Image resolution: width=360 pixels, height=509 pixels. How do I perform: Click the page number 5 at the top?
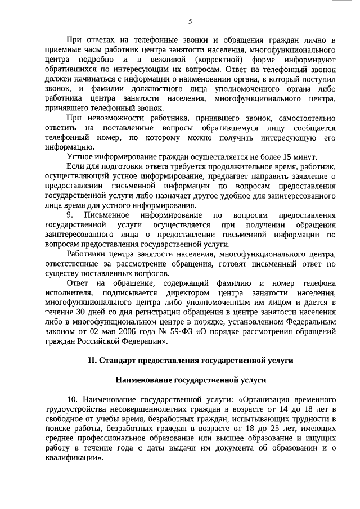click(x=190, y=22)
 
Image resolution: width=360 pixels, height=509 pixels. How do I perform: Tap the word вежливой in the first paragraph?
click(x=169, y=60)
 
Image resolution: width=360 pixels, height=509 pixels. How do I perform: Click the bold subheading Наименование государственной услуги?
click(x=190, y=380)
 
